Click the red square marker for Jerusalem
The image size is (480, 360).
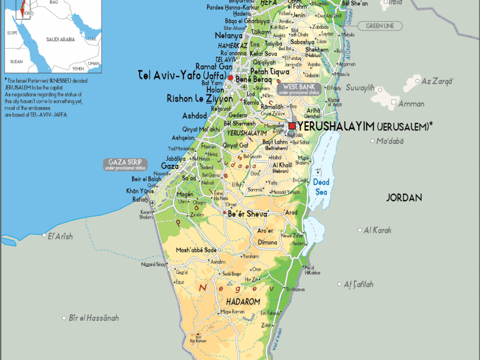tap(292, 126)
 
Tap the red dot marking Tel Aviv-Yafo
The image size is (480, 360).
tap(231, 78)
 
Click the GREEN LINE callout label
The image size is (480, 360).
tap(380, 26)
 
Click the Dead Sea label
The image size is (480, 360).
tap(321, 187)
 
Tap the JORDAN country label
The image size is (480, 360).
tap(404, 197)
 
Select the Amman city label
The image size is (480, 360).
tap(412, 104)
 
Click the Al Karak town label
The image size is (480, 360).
tap(377, 230)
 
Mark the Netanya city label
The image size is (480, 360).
tap(229, 35)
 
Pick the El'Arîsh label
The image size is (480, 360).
tap(60, 236)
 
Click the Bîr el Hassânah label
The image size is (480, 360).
tap(94, 317)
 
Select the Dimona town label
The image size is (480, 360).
tap(267, 242)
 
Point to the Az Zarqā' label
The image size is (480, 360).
tap(437, 81)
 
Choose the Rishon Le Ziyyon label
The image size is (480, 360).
tap(200, 99)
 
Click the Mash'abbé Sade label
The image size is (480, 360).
tap(196, 250)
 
